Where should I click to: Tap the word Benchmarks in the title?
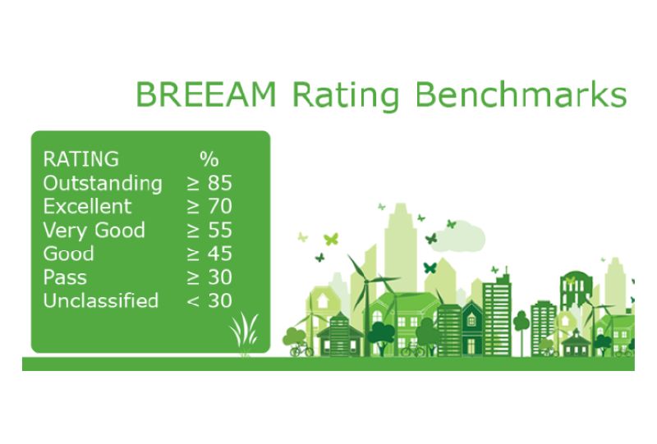(x=522, y=95)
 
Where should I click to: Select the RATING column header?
(x=80, y=158)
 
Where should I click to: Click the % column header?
(x=209, y=158)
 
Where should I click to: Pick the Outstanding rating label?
(x=103, y=182)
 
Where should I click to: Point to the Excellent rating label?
(x=87, y=205)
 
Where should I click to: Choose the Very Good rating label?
(x=94, y=230)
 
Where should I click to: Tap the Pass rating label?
(x=64, y=277)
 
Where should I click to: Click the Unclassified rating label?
(x=100, y=300)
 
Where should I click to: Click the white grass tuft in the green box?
(x=243, y=332)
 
